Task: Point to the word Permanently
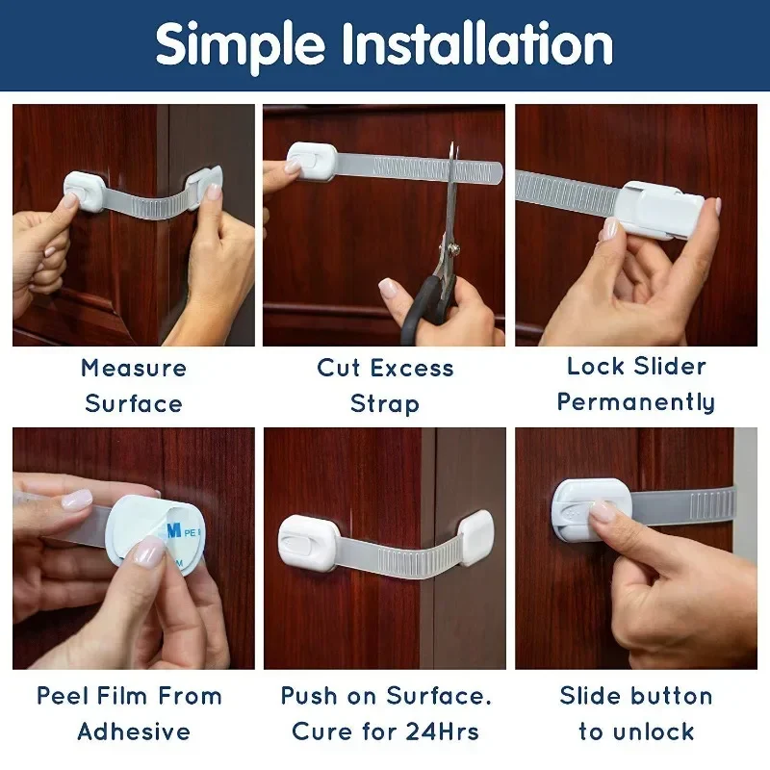pos(636,402)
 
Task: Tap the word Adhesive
pos(134,731)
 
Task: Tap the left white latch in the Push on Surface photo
pos(307,539)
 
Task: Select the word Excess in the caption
pos(413,368)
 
